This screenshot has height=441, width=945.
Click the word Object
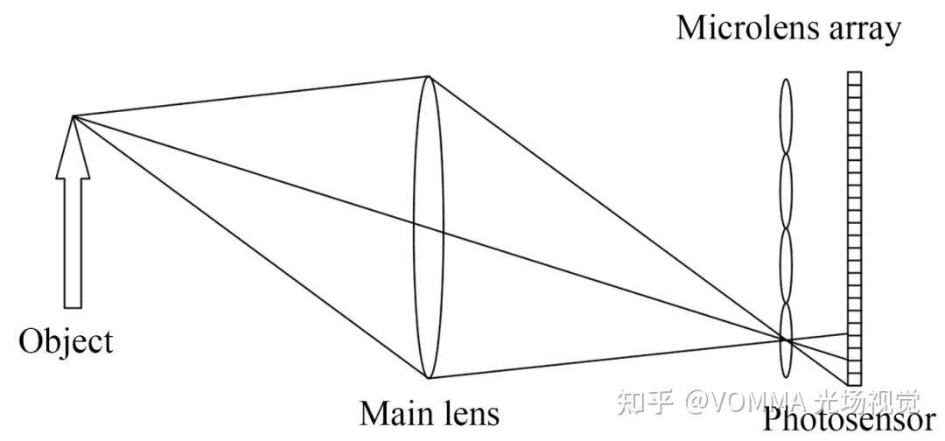point(66,340)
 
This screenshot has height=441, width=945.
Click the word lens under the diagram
point(468,412)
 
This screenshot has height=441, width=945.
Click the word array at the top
point(860,30)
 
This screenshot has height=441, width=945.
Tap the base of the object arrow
point(73,306)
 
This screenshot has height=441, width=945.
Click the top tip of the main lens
point(429,76)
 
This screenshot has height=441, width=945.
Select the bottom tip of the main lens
point(429,377)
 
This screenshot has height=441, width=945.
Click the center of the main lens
point(429,227)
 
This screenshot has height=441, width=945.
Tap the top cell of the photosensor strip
point(854,78)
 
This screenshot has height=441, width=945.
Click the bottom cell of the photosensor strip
point(854,379)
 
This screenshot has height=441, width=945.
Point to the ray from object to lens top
point(254,95)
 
